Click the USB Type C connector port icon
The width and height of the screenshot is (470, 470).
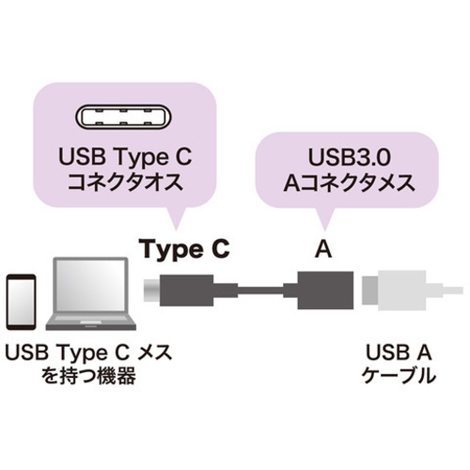[x=123, y=117]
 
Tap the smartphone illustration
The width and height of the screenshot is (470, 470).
[x=22, y=302]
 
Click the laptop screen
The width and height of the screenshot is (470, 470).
[x=91, y=286]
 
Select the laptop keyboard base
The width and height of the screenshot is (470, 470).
[x=91, y=322]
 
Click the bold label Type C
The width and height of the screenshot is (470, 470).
[x=186, y=250]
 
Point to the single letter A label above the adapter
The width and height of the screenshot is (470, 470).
[x=323, y=250]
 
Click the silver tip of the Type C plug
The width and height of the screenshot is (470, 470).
[x=151, y=290]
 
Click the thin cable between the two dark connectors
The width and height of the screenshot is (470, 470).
[x=260, y=290]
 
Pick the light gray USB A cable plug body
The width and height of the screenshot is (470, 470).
[x=402, y=290]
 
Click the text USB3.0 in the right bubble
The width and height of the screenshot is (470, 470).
[x=350, y=157]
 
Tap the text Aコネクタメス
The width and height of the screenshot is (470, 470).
[x=349, y=183]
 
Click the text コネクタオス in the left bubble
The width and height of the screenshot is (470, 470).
[x=125, y=182]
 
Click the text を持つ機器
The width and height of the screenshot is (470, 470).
[x=89, y=375]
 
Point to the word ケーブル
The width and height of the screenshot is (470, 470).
[x=399, y=375]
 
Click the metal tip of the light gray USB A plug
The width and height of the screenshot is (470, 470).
[x=370, y=290]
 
